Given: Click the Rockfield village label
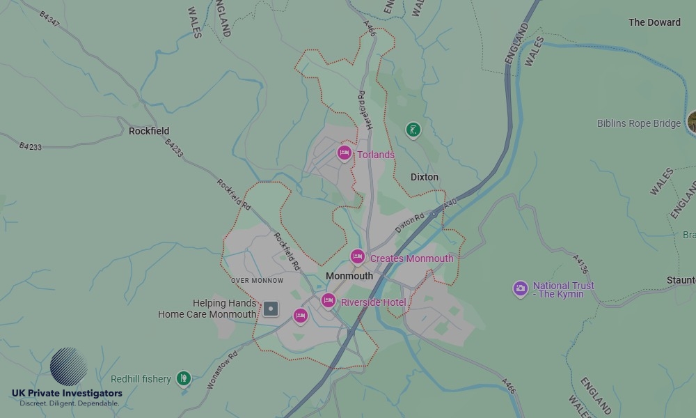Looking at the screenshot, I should point(149,131).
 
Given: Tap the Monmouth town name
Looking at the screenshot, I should point(349,276).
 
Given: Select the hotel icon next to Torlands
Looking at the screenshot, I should point(344,153).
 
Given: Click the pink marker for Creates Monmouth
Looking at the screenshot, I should point(357,257).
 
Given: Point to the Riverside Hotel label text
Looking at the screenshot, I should point(373,302).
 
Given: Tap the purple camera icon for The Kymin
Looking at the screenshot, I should point(520,288).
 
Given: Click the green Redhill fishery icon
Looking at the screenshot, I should point(183,378).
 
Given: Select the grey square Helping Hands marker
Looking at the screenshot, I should point(271,309).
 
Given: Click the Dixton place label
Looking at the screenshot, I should point(425,177).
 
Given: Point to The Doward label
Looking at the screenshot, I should point(654,22).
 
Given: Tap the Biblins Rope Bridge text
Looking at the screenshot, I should point(639,123).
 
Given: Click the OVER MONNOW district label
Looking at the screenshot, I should point(258,280).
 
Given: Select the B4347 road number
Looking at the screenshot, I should point(49,19).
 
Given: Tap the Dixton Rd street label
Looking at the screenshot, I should point(409,223).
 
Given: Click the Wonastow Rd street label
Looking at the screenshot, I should point(222,370).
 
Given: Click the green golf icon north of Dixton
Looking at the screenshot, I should point(413,130).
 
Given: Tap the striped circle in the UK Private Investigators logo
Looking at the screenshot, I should point(69,367).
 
